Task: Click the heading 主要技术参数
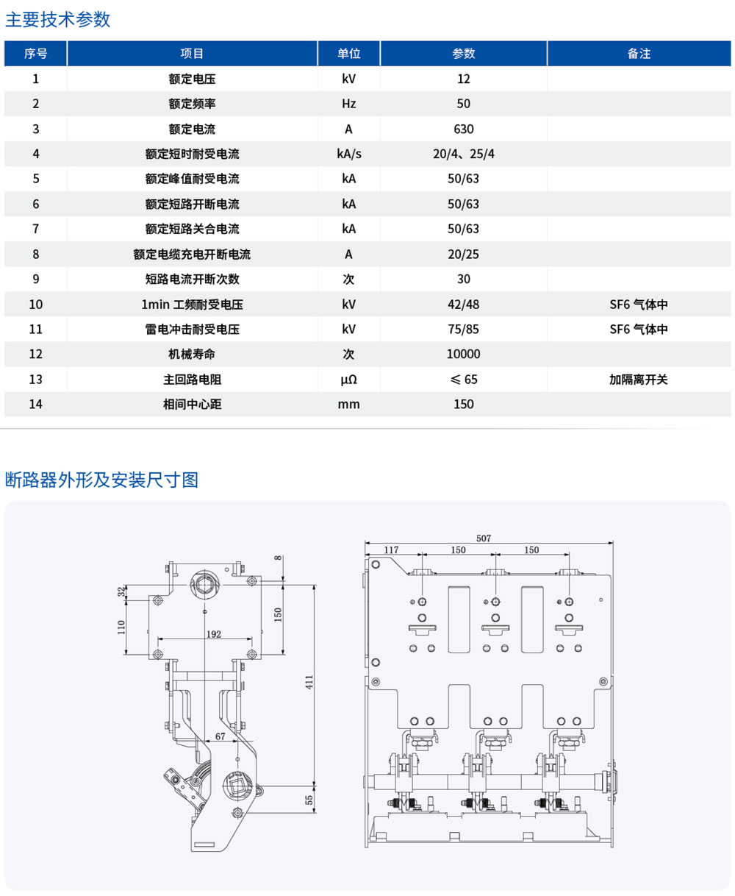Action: [x=58, y=20]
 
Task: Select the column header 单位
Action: [x=348, y=54]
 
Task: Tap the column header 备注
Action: [x=639, y=54]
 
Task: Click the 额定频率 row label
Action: [x=192, y=104]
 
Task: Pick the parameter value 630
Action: [x=463, y=129]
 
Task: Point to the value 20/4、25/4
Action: [x=463, y=154]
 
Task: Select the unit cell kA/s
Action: [x=348, y=154]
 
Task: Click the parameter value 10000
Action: [x=463, y=354]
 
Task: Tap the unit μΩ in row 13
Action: [x=348, y=380]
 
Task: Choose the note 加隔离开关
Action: [x=638, y=380]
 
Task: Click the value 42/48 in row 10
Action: [x=463, y=304]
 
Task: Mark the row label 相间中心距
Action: [x=192, y=405]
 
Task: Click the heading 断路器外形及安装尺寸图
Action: [x=101, y=480]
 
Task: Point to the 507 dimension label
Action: [x=483, y=538]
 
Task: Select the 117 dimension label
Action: [x=391, y=550]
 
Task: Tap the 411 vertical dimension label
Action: [x=309, y=682]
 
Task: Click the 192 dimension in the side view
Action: [x=213, y=633]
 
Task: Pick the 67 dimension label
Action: [x=220, y=736]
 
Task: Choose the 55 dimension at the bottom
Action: [x=309, y=799]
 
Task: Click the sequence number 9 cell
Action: [x=35, y=279]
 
